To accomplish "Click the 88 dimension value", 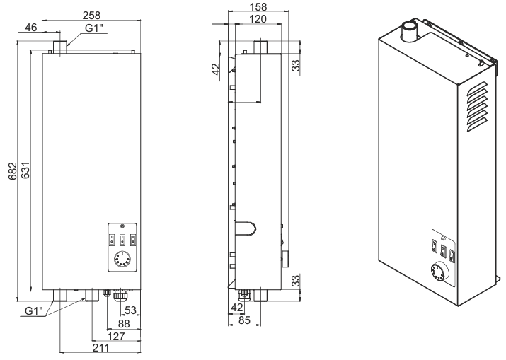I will (125, 323).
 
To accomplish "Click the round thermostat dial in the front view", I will (120, 258).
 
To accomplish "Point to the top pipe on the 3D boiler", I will (410, 31).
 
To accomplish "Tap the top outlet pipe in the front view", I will (59, 47).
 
